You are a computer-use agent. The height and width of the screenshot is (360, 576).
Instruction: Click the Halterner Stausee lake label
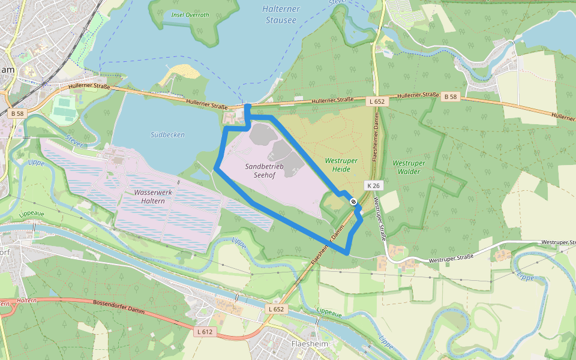click(x=280, y=14)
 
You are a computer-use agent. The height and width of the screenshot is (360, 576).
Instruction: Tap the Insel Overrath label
click(x=190, y=14)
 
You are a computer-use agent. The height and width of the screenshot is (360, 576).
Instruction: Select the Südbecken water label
click(x=167, y=134)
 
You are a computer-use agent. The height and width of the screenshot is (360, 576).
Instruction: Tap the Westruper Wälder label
click(x=409, y=167)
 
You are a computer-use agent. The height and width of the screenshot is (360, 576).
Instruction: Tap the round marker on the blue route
click(x=353, y=202)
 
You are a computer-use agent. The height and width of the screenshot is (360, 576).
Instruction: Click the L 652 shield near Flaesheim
click(x=275, y=309)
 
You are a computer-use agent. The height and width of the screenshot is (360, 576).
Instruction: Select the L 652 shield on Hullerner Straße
click(x=377, y=101)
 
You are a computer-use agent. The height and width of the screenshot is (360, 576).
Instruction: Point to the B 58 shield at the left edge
click(x=17, y=113)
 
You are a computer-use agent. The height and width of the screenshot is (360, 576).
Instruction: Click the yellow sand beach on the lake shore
click(x=181, y=74)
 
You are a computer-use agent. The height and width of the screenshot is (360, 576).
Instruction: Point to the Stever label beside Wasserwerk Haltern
click(x=74, y=142)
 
